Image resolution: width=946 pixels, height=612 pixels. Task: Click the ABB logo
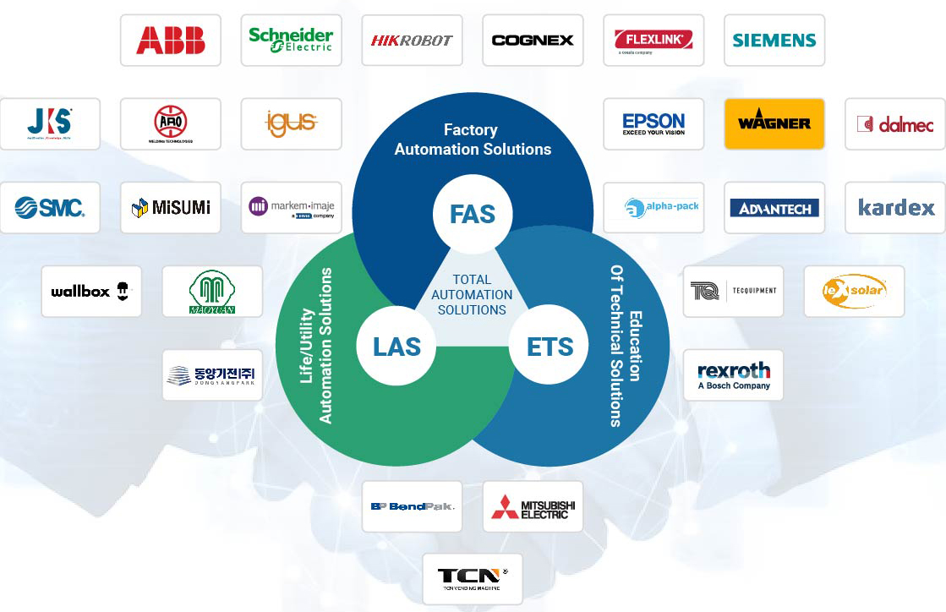tap(170, 40)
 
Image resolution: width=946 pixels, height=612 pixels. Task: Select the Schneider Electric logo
tap(291, 40)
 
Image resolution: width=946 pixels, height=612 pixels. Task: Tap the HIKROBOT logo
tap(412, 40)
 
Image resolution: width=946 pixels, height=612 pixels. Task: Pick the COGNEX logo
tap(533, 40)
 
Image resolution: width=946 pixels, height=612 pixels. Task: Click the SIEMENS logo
tap(774, 40)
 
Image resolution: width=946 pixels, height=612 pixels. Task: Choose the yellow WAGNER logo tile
tap(774, 123)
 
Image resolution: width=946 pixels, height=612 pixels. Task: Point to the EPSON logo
tap(653, 123)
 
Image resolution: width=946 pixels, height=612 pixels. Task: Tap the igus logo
tap(291, 123)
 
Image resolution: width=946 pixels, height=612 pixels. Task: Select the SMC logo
tap(50, 207)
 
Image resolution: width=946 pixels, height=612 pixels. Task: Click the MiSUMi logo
tap(170, 207)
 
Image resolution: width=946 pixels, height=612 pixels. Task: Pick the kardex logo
tap(895, 207)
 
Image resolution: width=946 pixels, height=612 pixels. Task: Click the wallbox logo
tap(91, 291)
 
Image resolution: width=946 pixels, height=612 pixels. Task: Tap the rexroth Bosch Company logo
tap(733, 374)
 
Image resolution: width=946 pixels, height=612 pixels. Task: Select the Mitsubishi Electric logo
tap(533, 506)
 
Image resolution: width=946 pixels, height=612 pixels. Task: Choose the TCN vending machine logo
tap(473, 579)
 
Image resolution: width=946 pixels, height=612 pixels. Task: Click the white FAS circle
tap(473, 214)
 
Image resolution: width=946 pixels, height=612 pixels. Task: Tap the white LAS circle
tap(396, 347)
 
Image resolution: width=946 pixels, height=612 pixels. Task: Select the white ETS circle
tap(550, 347)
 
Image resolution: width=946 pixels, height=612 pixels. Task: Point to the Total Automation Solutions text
tap(472, 294)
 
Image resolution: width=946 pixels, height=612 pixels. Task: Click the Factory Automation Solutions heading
tap(473, 139)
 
